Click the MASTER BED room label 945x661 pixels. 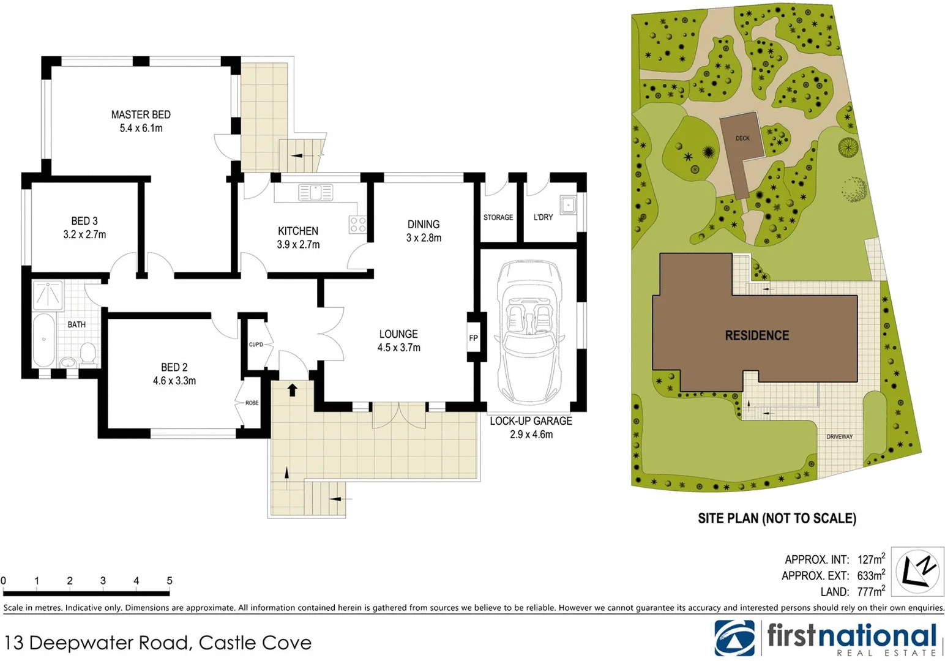tap(141, 114)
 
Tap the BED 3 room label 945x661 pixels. tap(84, 221)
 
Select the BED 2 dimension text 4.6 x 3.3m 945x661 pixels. tap(174, 381)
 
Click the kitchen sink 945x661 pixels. tap(315, 192)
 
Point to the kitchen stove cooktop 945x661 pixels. tap(357, 225)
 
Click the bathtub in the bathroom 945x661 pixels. tap(43, 340)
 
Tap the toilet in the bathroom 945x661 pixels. tap(88, 353)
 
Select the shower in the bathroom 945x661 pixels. tap(47, 294)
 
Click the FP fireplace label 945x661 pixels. tap(473, 338)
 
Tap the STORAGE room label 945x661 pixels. tap(498, 217)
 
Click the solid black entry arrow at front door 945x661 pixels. tap(293, 389)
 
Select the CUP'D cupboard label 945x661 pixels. tap(256, 345)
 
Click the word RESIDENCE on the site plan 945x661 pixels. tap(756, 335)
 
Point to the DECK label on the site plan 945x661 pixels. tap(742, 138)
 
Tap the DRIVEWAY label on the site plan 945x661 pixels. tap(839, 436)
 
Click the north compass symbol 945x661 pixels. tap(917, 571)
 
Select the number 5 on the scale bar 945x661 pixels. tap(170, 580)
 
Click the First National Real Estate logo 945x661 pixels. tap(826, 638)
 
